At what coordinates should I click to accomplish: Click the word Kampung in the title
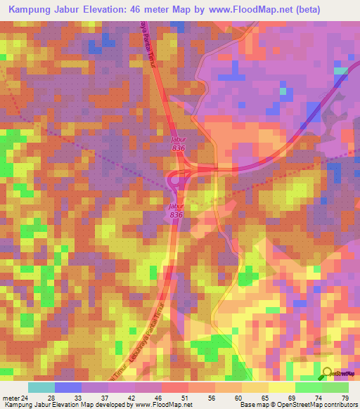click(x=31, y=9)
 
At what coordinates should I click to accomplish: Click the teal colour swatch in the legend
click(x=41, y=387)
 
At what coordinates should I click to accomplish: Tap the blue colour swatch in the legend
click(x=68, y=387)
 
